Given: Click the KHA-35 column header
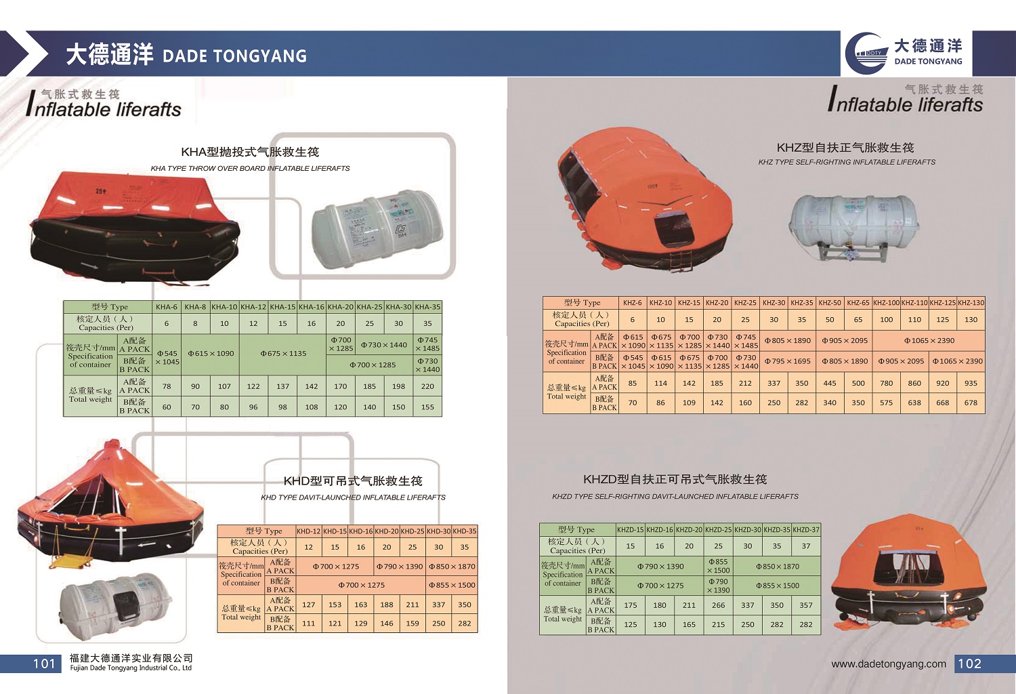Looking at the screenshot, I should (427, 307).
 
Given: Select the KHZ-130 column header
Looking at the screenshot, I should (971, 303).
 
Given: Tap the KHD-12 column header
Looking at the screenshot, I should (308, 531).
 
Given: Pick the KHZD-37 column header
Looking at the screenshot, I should (805, 530).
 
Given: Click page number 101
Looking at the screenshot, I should (44, 664).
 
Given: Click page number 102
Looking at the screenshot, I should (969, 664).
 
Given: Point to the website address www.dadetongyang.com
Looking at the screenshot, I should (889, 664).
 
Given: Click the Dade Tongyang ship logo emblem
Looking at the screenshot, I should (867, 53).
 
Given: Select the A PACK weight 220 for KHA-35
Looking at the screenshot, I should (427, 386).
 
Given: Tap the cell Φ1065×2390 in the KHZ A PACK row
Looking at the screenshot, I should (929, 341).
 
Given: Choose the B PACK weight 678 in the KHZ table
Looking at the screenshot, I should (971, 403).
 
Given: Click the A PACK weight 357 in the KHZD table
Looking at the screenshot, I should (805, 605).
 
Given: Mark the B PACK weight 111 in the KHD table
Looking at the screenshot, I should (308, 624).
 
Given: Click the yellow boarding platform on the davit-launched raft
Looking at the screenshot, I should (68, 561).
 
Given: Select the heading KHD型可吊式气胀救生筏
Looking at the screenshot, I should (353, 481).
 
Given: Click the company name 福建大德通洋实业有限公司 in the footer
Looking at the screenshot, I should (131, 658).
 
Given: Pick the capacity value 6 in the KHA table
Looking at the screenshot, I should (167, 324).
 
